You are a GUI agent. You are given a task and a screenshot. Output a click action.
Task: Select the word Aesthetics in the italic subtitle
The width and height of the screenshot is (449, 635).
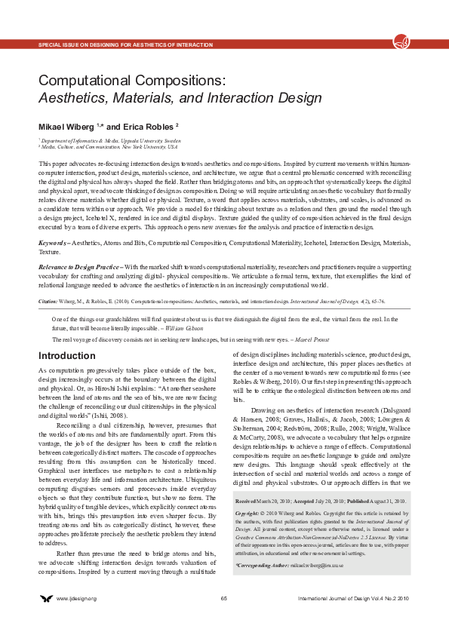69,97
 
